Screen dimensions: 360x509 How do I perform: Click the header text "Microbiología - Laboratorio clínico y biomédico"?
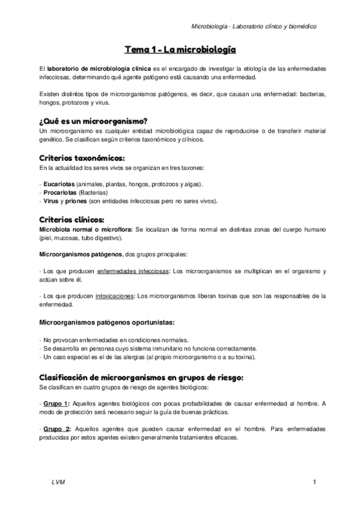point(254,26)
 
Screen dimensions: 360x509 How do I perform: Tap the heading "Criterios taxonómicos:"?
point(82,158)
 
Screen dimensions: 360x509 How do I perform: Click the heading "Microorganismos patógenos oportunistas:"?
point(106,322)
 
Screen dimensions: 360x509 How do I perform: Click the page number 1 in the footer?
point(314,483)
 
